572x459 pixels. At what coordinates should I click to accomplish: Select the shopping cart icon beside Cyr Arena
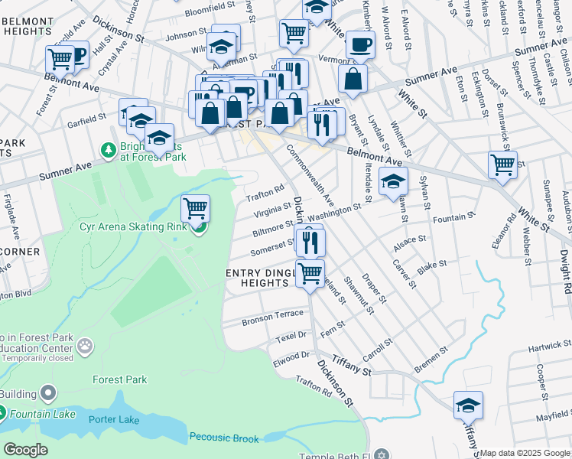(196, 207)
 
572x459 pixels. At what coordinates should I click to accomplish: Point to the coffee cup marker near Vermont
(359, 44)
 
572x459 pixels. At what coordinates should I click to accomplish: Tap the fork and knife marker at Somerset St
(311, 243)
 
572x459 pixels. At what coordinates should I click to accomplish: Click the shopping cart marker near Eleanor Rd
(502, 164)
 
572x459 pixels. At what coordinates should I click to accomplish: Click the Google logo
(25, 450)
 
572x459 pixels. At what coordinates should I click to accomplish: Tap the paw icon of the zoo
(85, 347)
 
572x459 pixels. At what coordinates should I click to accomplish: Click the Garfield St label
(85, 119)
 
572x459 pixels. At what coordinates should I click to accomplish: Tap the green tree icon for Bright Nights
(108, 148)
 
